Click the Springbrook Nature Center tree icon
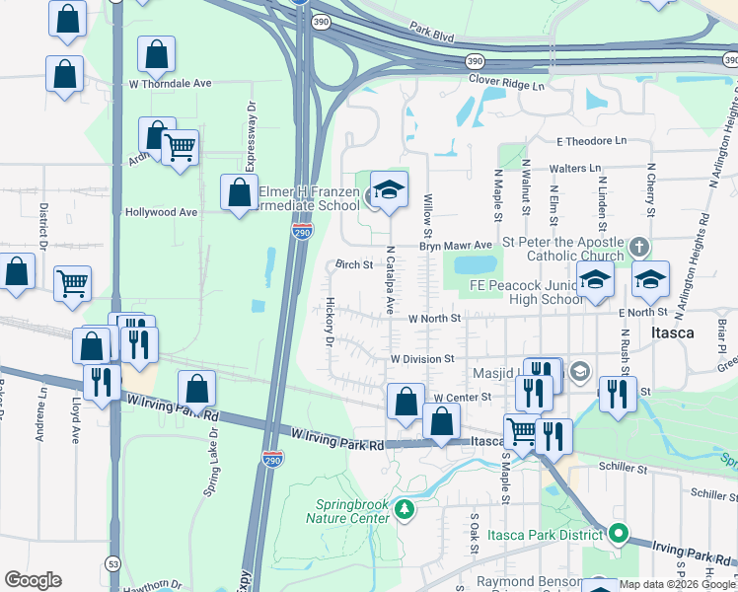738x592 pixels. click(404, 510)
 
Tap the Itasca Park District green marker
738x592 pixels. click(619, 534)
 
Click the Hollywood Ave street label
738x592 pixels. click(161, 212)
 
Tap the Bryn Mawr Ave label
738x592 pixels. click(455, 245)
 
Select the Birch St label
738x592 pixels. click(353, 264)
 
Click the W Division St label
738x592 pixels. click(421, 359)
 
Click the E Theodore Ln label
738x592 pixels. click(591, 141)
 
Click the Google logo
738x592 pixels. click(33, 580)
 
